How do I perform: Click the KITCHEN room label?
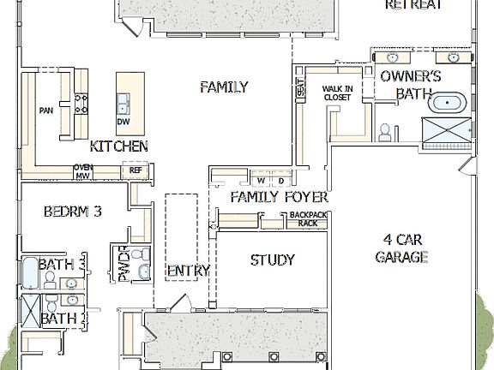click(118, 146)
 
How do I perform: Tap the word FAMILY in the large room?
click(224, 87)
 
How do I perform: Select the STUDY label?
click(273, 260)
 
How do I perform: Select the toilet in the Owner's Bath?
click(386, 131)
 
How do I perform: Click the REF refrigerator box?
click(135, 170)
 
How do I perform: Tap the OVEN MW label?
click(83, 171)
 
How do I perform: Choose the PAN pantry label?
click(46, 110)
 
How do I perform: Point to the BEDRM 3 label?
click(73, 211)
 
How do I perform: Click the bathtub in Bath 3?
click(30, 273)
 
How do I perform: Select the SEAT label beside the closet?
click(300, 88)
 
